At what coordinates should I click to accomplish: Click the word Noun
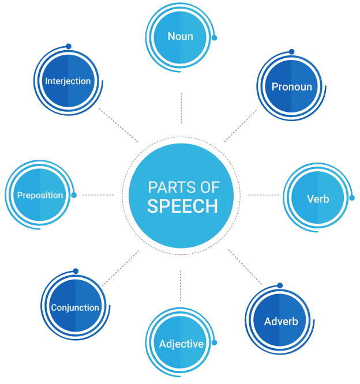tap(180, 37)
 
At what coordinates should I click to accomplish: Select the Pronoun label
tap(291, 87)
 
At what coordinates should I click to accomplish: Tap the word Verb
tap(318, 199)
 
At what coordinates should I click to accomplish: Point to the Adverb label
tap(280, 321)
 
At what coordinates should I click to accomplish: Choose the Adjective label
tap(181, 344)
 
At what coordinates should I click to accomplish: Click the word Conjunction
tap(75, 307)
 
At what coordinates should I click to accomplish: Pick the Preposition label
tap(40, 195)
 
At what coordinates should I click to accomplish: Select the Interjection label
tap(68, 81)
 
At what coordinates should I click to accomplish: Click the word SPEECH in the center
tap(182, 206)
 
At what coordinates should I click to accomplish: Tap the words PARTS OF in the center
tap(182, 187)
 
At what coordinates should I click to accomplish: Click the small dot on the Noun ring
tap(215, 38)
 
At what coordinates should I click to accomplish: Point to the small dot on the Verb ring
tap(352, 198)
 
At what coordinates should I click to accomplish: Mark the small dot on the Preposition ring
tap(74, 195)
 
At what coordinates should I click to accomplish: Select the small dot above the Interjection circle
tap(69, 46)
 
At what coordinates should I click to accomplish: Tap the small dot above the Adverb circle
tap(280, 285)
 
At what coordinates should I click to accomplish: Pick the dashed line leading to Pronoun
tap(240, 126)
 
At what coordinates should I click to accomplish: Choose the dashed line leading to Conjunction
tap(121, 268)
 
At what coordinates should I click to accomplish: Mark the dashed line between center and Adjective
tap(180, 285)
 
